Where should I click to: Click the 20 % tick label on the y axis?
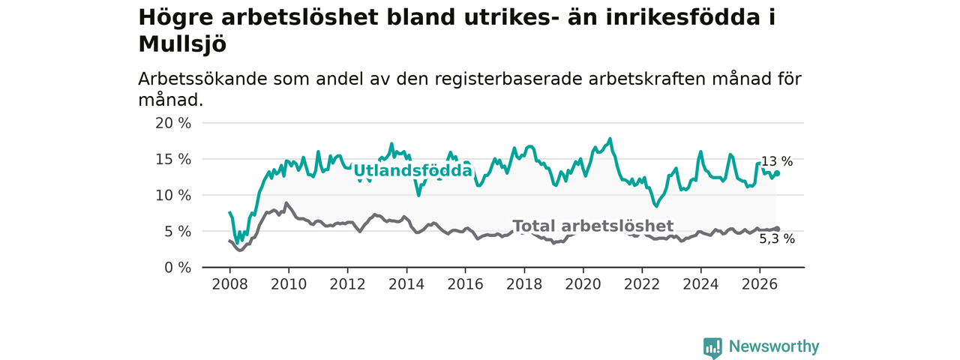(x=172, y=124)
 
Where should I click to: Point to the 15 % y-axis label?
(x=172, y=160)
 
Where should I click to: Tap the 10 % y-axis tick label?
(x=172, y=196)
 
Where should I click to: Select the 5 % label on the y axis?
(x=178, y=232)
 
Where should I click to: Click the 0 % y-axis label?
(x=178, y=268)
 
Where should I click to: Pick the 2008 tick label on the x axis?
(x=229, y=284)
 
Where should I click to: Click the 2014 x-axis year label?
(x=406, y=284)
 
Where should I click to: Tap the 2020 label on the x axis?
(x=583, y=284)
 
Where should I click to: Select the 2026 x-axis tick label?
(x=760, y=284)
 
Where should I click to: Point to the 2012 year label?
(x=347, y=284)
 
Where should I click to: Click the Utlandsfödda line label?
(x=412, y=170)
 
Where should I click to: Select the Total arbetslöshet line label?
(x=593, y=226)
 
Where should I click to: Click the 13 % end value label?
(x=776, y=161)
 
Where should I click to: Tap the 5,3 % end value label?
(x=777, y=238)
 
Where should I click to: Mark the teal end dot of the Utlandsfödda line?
(x=777, y=173)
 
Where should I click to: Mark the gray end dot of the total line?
(x=777, y=229)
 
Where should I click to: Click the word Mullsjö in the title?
(x=182, y=44)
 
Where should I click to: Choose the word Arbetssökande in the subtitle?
(x=202, y=79)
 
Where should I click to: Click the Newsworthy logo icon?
(x=712, y=347)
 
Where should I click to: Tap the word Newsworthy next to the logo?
(x=774, y=346)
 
